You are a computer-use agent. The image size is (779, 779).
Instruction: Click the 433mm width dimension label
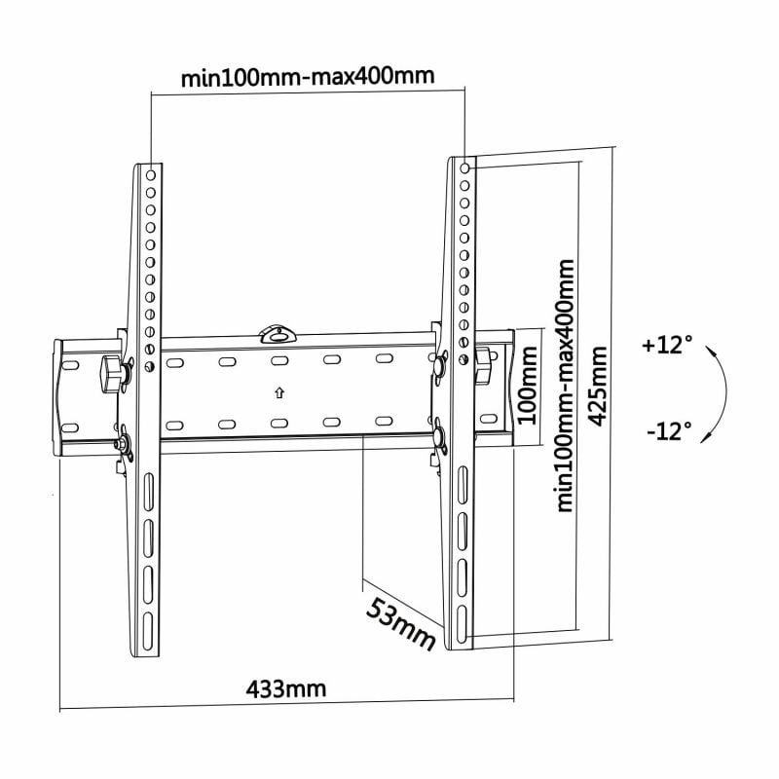[x=285, y=689]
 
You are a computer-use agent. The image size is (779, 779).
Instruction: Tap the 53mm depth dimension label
[x=400, y=624]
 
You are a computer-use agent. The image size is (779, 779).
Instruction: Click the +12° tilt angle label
[x=667, y=345]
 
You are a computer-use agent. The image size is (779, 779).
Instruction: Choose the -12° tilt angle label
[x=668, y=429]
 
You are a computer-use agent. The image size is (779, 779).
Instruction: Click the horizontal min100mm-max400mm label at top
[x=308, y=77]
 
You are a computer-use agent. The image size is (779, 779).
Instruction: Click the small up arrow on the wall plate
[x=278, y=393]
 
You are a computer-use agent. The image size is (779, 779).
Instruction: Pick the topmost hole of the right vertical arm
[x=464, y=169]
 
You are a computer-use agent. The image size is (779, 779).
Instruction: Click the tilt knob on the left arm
[x=112, y=371]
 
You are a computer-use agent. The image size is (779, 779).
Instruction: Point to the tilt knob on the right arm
[x=483, y=361]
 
